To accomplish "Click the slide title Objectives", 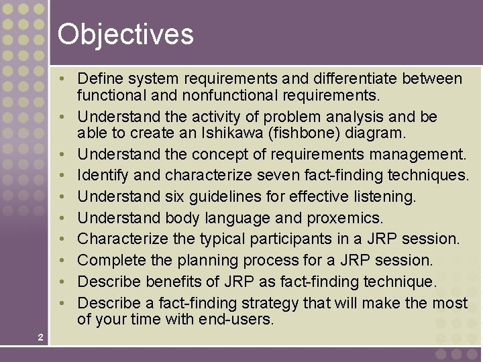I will click(x=125, y=34).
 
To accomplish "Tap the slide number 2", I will click(x=40, y=337).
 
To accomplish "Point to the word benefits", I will click(x=174, y=282).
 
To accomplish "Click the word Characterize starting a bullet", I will click(x=119, y=239).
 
